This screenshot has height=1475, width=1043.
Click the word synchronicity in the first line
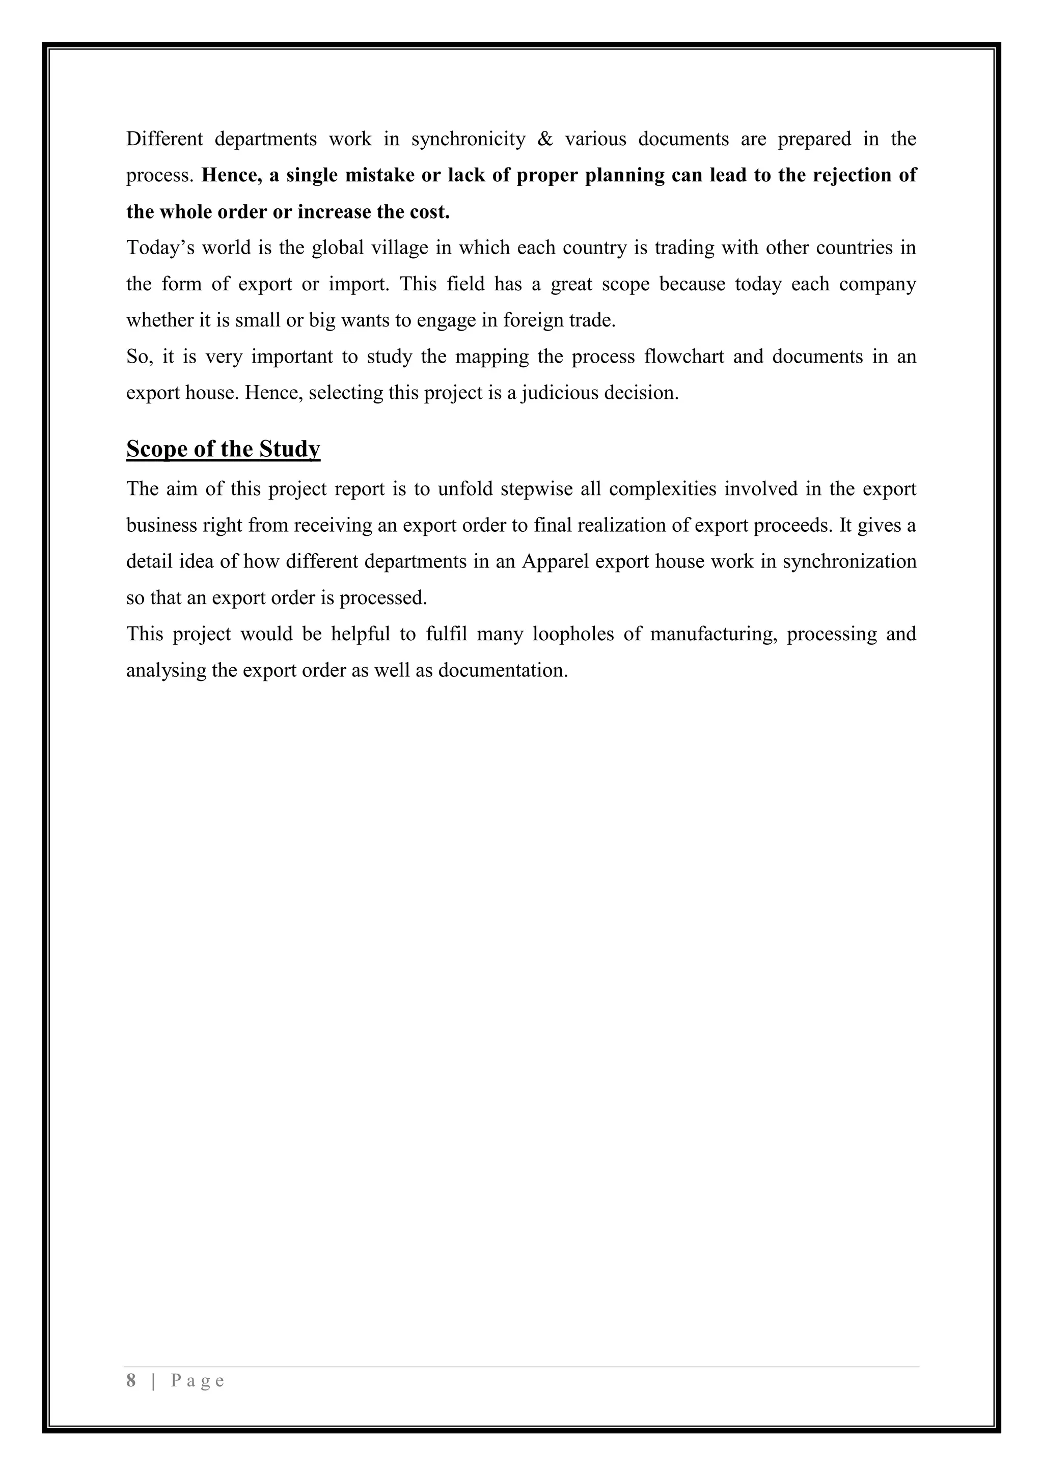point(468,140)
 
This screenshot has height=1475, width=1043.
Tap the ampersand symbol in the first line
point(544,140)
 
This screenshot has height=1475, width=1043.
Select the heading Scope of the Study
point(223,449)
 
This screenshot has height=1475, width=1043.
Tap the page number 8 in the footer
point(131,1381)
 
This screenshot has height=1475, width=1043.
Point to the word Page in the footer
point(197,1381)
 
